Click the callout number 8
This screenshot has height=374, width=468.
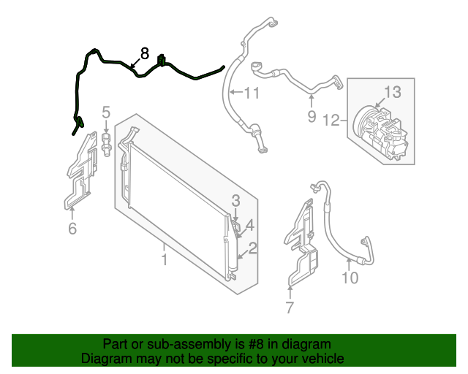coord(144,53)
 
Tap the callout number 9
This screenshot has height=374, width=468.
coord(311,115)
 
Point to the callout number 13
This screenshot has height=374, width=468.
coord(393,92)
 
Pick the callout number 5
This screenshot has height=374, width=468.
coord(106,112)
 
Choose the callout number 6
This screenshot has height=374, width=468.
coord(72,229)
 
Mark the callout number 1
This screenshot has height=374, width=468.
coord(165,259)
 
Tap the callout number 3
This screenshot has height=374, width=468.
coord(235,200)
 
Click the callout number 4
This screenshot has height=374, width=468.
coord(249,225)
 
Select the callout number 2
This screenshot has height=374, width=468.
coord(252,249)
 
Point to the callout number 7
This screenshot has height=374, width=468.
coord(290,308)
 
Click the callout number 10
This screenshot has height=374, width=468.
coord(350,277)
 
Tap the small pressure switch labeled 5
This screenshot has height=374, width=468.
coord(107,142)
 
